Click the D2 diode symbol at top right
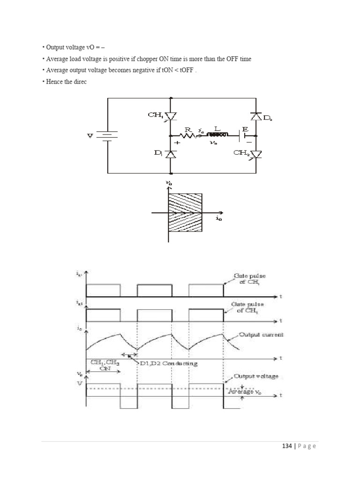256,116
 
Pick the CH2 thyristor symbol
256,153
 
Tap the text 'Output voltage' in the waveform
259,376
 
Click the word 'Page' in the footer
307,446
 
